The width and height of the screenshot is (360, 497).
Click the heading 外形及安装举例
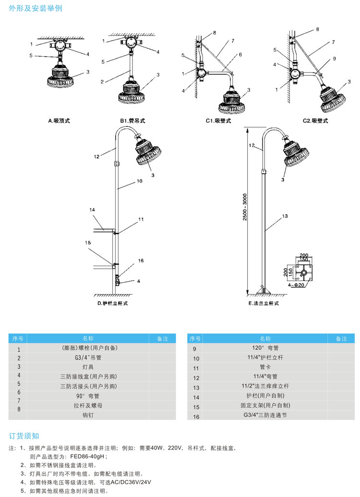[x=35, y=9]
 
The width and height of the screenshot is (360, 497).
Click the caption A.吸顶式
[x=59, y=121]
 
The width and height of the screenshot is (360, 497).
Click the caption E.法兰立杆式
[x=264, y=303]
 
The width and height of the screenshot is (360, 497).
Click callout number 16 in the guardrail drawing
[x=141, y=260]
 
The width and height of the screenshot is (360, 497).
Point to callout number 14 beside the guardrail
[x=92, y=210]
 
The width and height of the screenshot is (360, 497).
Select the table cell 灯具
[x=88, y=366]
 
